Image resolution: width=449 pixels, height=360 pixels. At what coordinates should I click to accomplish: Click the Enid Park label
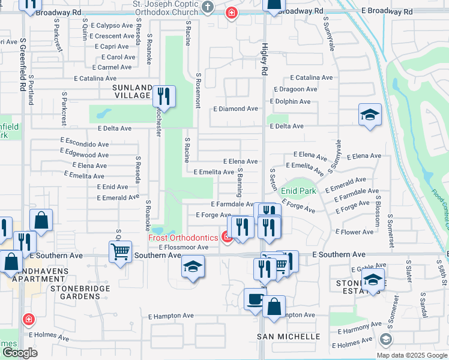point(298,191)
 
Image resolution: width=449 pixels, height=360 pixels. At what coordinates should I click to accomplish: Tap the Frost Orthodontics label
point(184,238)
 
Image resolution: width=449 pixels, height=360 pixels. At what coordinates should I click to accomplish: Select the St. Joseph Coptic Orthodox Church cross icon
point(208,7)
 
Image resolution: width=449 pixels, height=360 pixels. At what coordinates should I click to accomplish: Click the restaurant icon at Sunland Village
point(163,95)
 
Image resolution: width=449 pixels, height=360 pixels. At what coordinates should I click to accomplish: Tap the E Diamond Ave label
point(235,109)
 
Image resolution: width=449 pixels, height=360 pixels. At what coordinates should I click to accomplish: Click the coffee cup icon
point(255,299)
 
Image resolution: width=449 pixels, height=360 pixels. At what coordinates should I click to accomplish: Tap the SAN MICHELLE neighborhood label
point(278,337)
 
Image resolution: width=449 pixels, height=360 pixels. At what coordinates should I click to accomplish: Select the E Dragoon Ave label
point(295,89)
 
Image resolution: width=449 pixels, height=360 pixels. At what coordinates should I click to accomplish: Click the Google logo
point(19,353)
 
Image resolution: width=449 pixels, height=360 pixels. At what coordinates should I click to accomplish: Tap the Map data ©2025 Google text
point(412,355)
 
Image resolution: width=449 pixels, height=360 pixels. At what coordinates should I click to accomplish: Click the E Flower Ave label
point(355,232)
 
